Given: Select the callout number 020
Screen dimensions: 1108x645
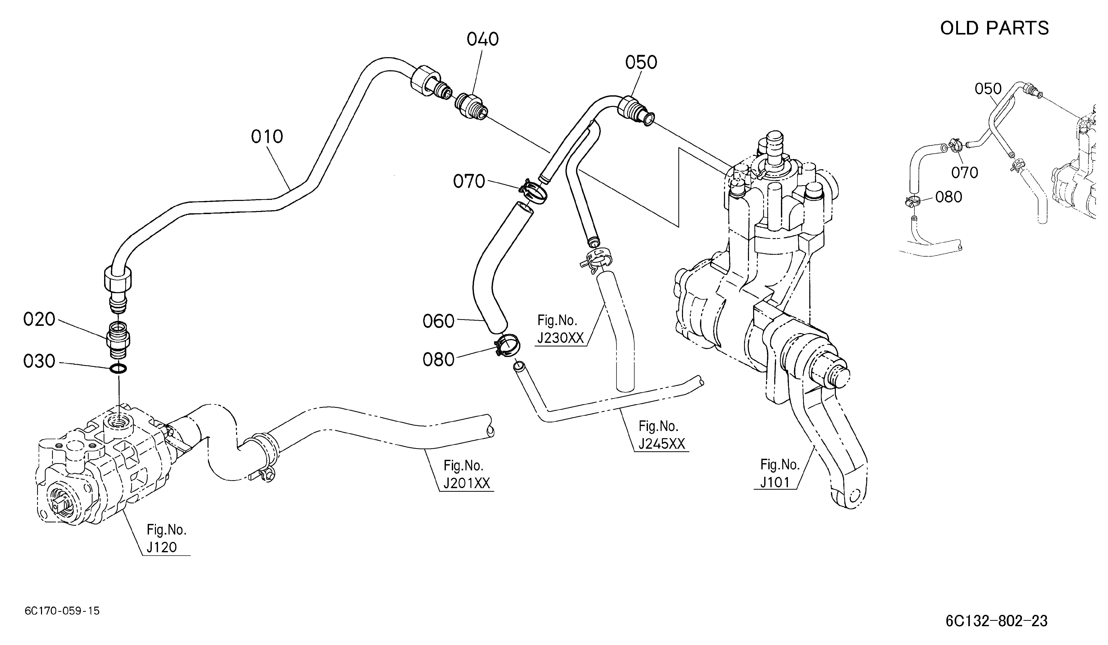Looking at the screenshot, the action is click(x=39, y=319).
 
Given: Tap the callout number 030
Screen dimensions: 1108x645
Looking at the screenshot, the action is click(x=39, y=362).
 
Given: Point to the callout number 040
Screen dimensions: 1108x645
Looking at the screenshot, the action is click(x=483, y=40).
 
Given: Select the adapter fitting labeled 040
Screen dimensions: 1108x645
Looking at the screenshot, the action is click(x=470, y=107).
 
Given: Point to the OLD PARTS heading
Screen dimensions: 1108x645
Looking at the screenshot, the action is click(x=994, y=28).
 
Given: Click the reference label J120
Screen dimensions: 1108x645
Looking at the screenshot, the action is click(x=162, y=547).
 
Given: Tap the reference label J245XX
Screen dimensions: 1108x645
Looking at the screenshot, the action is click(x=662, y=444).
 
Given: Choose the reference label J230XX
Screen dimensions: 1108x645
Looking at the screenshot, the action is click(x=561, y=338).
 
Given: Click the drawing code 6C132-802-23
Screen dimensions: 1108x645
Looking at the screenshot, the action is click(x=996, y=621).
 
